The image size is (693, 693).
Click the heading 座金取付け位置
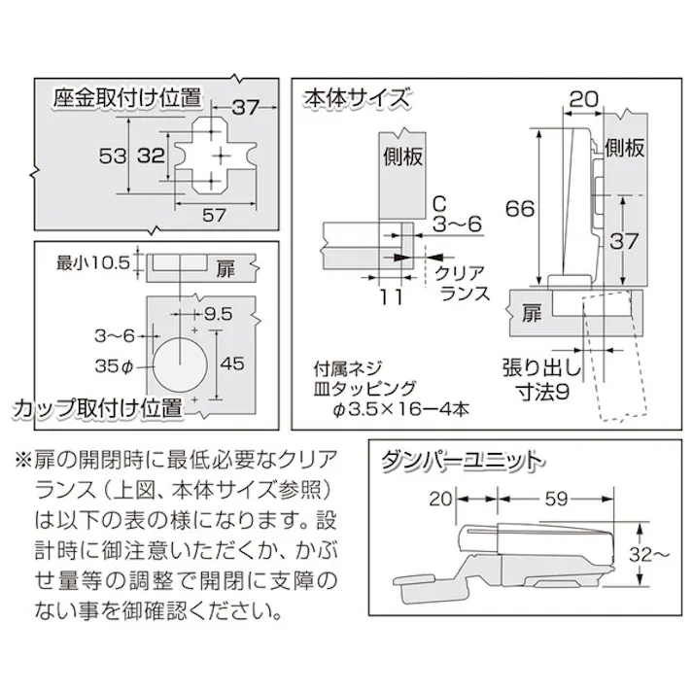pos(127,98)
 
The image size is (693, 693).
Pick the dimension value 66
pos(519,206)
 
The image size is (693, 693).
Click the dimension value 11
pos(389,297)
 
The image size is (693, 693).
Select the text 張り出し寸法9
pos(541,381)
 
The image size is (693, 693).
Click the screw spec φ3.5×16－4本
pos(397,409)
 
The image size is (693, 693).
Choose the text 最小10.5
pos(92,260)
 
